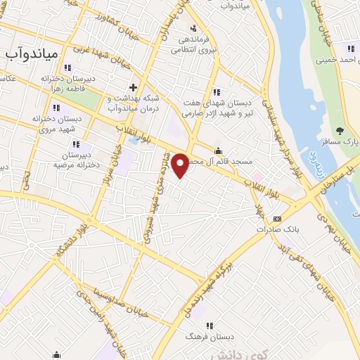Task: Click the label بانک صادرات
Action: pos(274,229)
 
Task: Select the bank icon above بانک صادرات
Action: pos(277,217)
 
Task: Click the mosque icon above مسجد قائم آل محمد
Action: pos(218,150)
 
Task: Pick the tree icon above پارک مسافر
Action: pos(341,130)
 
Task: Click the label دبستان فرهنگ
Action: pos(211,337)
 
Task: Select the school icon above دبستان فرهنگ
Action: pos(210,325)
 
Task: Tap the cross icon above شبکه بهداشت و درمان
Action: pos(132,87)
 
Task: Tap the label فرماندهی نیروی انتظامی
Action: pos(191,45)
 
